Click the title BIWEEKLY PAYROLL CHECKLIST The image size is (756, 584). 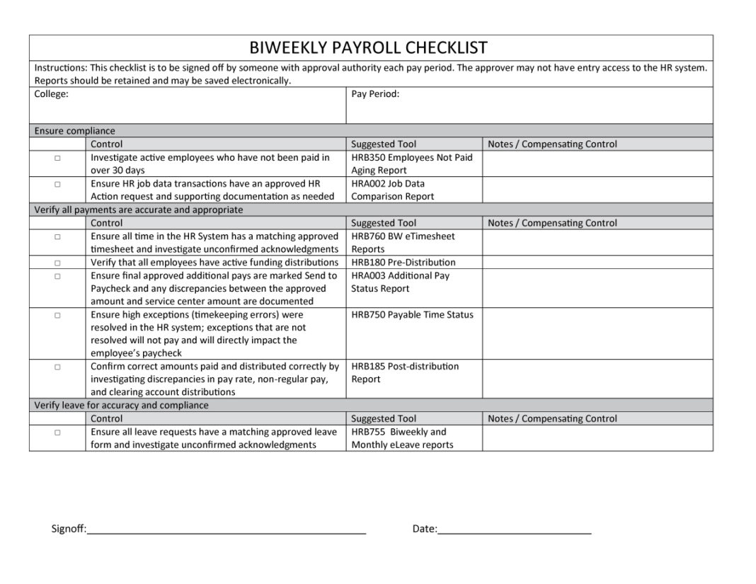click(368, 47)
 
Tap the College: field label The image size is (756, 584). click(51, 93)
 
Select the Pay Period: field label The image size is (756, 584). click(375, 93)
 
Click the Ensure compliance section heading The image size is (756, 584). click(74, 131)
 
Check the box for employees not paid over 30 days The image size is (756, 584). click(57, 158)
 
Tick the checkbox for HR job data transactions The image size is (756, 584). click(57, 184)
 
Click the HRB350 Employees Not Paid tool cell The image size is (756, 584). click(412, 164)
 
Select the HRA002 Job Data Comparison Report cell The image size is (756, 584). click(394, 190)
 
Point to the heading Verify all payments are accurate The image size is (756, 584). click(138, 210)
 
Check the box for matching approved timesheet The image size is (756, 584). click(57, 236)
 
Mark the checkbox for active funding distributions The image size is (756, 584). click(57, 263)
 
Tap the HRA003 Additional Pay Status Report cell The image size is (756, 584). click(401, 282)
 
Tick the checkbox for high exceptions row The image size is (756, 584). click(57, 315)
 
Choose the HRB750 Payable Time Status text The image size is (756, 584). click(412, 315)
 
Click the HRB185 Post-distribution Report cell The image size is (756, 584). click(405, 372)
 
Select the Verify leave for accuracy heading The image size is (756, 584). click(121, 406)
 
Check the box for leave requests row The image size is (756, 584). click(57, 432)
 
